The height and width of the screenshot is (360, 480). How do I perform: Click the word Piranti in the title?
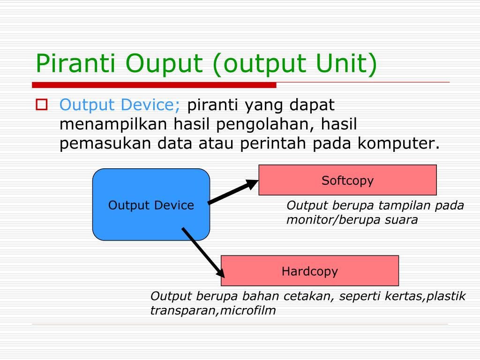pyautogui.click(x=75, y=63)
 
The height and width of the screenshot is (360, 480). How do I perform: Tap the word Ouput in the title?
pyautogui.click(x=164, y=65)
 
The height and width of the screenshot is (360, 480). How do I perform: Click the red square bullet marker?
pyautogui.click(x=42, y=105)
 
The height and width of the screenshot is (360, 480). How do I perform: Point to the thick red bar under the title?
pyautogui.click(x=154, y=85)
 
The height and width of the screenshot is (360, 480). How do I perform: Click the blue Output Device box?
pyautogui.click(x=151, y=204)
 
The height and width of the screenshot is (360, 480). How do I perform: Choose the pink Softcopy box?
pyautogui.click(x=347, y=180)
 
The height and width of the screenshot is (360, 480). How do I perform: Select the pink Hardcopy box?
pyautogui.click(x=309, y=270)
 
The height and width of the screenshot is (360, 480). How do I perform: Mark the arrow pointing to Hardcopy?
pyautogui.click(x=203, y=253)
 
